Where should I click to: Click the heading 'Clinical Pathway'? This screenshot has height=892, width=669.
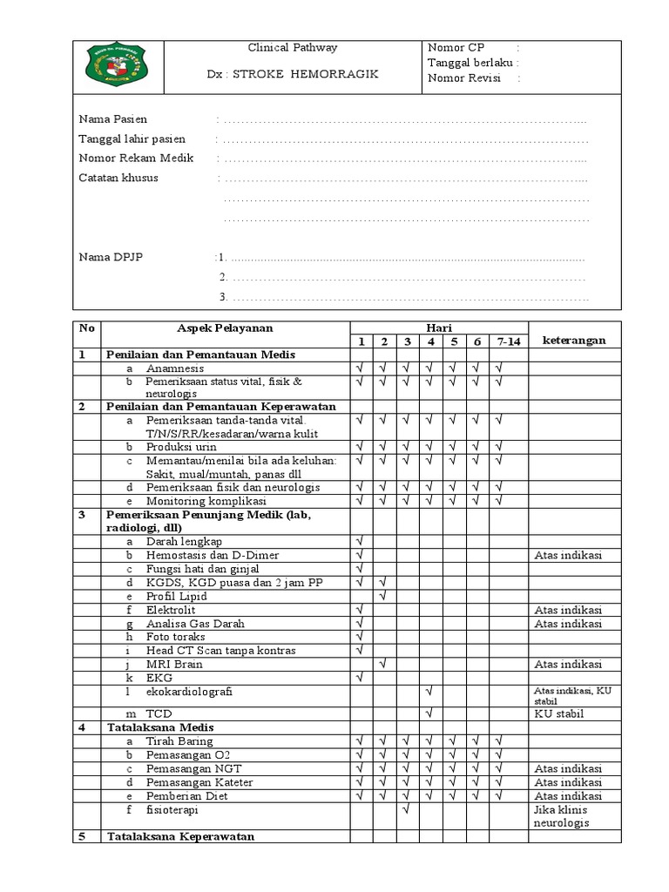293,48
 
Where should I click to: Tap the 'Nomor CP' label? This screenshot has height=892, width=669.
456,48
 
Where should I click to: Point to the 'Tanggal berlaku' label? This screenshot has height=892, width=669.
470,63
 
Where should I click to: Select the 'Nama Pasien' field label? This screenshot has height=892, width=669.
113,118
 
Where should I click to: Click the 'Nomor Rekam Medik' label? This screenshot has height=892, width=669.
137,159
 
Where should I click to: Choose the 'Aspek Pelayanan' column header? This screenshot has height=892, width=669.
225,328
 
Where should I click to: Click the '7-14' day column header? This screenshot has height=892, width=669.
508,341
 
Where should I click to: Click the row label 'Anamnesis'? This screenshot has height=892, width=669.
177,369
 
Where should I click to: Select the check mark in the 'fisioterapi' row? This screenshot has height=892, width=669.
406,809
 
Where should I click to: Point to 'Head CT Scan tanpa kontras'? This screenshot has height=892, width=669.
220,651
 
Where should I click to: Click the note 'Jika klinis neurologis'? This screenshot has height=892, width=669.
562,815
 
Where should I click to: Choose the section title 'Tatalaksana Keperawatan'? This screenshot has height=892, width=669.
180,837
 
